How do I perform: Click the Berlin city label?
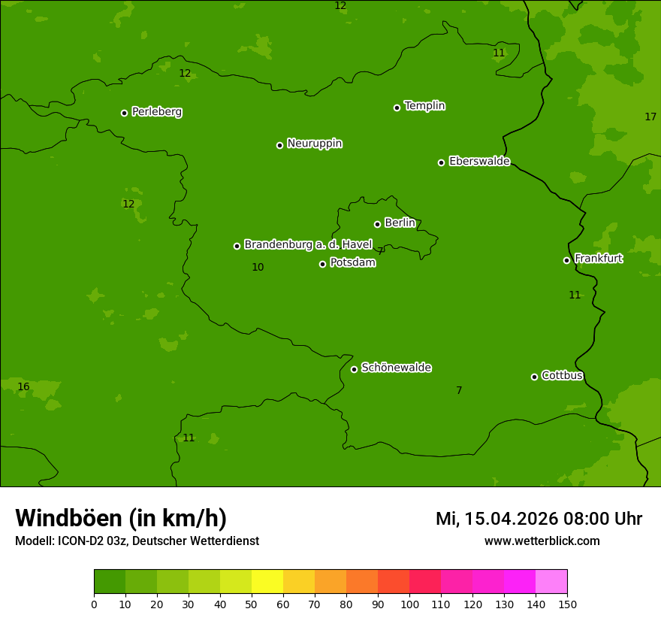tap(400, 223)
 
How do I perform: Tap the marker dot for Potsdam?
tap(323, 264)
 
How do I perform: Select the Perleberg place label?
tap(156, 112)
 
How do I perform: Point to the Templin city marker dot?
tap(397, 108)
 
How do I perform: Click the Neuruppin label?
tap(314, 144)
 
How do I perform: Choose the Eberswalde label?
tap(479, 162)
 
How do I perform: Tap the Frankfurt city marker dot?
tap(566, 260)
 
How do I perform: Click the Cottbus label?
tap(562, 376)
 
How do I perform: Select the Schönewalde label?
tap(396, 368)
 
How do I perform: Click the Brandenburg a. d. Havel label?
tap(308, 244)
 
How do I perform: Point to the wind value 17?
tap(650, 117)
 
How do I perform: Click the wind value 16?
tap(23, 387)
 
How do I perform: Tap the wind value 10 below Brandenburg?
tap(258, 268)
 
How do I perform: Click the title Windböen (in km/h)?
tap(121, 518)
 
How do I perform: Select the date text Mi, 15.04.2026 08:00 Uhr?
tap(539, 519)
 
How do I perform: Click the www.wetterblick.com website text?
tap(542, 541)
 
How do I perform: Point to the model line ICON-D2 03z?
tap(137, 541)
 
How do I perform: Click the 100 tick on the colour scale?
tap(409, 604)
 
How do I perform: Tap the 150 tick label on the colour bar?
tap(567, 604)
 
